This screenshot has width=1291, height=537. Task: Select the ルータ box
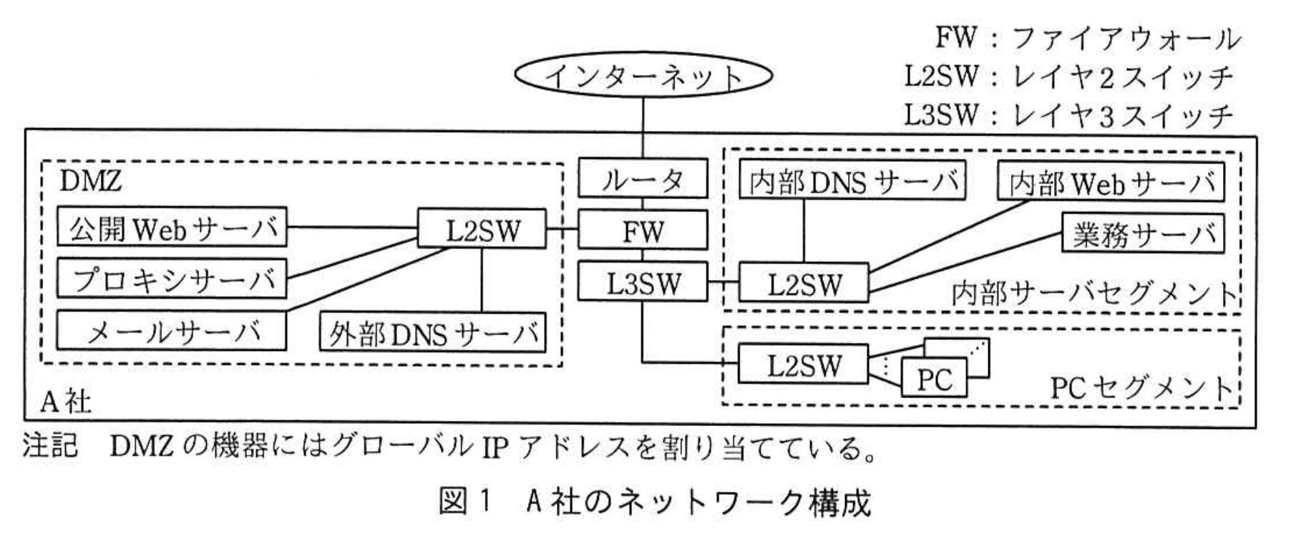pyautogui.click(x=643, y=179)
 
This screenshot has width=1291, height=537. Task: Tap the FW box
pyautogui.click(x=643, y=231)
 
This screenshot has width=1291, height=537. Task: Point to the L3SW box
pyautogui.click(x=643, y=283)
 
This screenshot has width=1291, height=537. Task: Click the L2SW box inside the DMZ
pyautogui.click(x=482, y=230)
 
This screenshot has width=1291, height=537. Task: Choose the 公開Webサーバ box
pyautogui.click(x=172, y=228)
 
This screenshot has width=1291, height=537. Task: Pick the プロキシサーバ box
pyautogui.click(x=172, y=279)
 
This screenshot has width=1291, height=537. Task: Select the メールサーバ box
pyautogui.click(x=172, y=332)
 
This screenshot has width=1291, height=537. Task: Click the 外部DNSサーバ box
pyautogui.click(x=432, y=333)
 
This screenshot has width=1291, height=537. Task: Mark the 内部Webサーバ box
pyautogui.click(x=1111, y=183)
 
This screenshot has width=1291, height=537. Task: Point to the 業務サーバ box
pyautogui.click(x=1142, y=233)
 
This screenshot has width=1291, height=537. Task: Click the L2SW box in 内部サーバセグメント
pyautogui.click(x=803, y=284)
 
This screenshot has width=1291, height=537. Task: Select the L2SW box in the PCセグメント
pyautogui.click(x=803, y=364)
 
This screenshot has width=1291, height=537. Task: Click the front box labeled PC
pyautogui.click(x=933, y=378)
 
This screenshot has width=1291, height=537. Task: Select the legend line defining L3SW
pyautogui.click(x=1069, y=115)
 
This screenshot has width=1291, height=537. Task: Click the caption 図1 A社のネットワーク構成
pyautogui.click(x=655, y=503)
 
